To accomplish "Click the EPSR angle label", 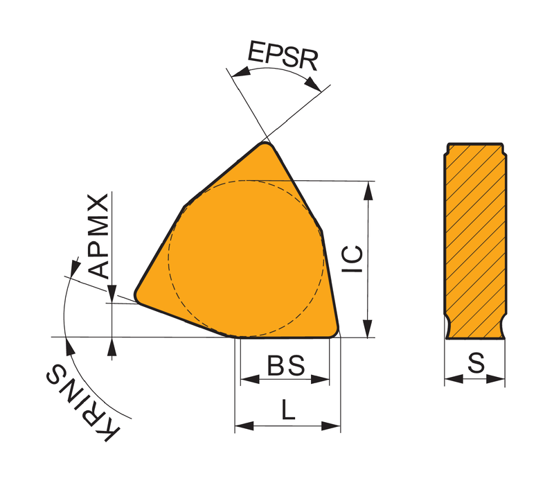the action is coord(283,55).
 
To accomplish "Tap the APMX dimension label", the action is coord(98,236).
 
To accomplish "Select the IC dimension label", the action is coord(352,259).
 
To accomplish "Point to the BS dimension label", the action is coord(286,365).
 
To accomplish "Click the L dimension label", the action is coord(288,409).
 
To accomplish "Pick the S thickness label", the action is coord(476,363).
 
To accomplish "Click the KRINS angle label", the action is coord(82,403).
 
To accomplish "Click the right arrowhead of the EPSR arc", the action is coord(313,84).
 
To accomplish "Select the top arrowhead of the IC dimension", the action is coord(368,191).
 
